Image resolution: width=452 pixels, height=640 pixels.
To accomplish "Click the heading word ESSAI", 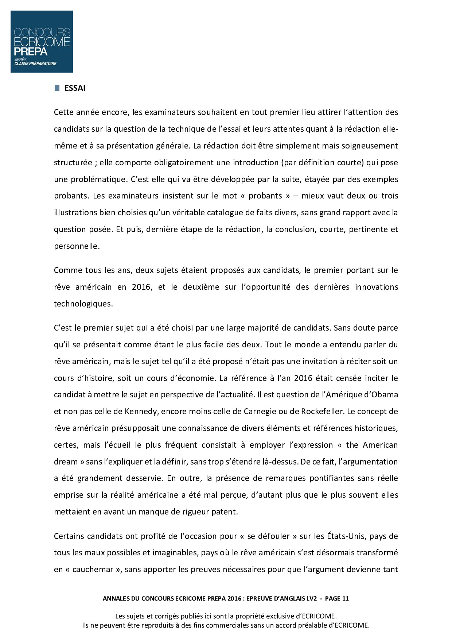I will [x=75, y=88].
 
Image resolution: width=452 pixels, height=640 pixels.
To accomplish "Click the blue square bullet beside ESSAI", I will [x=57, y=88].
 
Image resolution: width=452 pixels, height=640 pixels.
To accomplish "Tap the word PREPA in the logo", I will [x=31, y=51].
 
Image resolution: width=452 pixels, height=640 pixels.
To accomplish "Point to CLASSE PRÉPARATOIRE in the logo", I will [x=35, y=63].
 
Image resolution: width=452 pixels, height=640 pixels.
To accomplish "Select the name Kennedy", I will [x=141, y=411].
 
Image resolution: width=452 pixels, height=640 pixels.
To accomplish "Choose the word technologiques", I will [x=83, y=304].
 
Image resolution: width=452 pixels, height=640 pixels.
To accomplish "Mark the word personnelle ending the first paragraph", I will [x=76, y=246].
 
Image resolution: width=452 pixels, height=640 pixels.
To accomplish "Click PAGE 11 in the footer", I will [x=336, y=598].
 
